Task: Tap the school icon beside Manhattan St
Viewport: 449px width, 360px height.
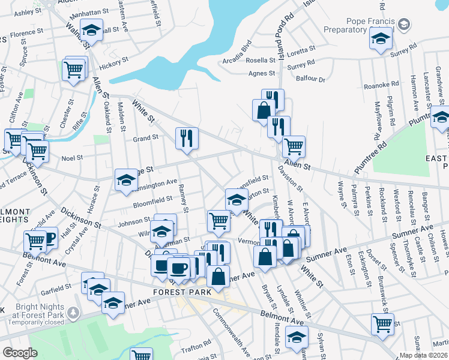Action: [x=91, y=29]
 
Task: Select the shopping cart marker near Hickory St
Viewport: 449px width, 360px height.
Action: [x=74, y=70]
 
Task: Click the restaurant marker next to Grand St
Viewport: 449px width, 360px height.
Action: [x=187, y=138]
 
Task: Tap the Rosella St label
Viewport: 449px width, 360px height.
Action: [x=260, y=61]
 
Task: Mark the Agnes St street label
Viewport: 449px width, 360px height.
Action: [x=262, y=73]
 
